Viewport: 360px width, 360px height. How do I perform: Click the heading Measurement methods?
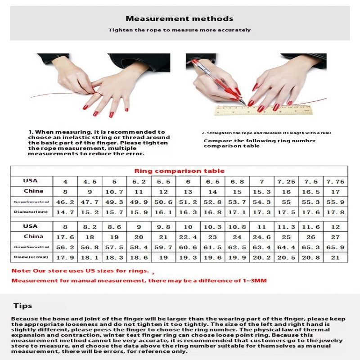pos(179,19)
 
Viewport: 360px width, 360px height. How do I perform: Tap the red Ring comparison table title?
pos(179,171)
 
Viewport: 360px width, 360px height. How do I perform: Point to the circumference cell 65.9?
pos(335,247)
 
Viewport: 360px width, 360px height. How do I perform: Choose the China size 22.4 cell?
pos(188,237)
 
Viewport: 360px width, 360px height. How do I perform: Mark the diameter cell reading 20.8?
pos(311,257)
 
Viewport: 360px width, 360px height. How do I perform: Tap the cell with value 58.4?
pos(139,247)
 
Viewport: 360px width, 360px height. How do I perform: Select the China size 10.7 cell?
pos(114,191)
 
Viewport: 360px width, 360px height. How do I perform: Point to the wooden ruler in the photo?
pos(263,110)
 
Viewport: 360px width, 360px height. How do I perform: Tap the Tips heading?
pos(22,306)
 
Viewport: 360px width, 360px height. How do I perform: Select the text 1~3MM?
pos(255,281)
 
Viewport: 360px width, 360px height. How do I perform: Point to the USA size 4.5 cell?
pos(90,181)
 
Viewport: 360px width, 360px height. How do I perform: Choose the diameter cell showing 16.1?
pos(163,212)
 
